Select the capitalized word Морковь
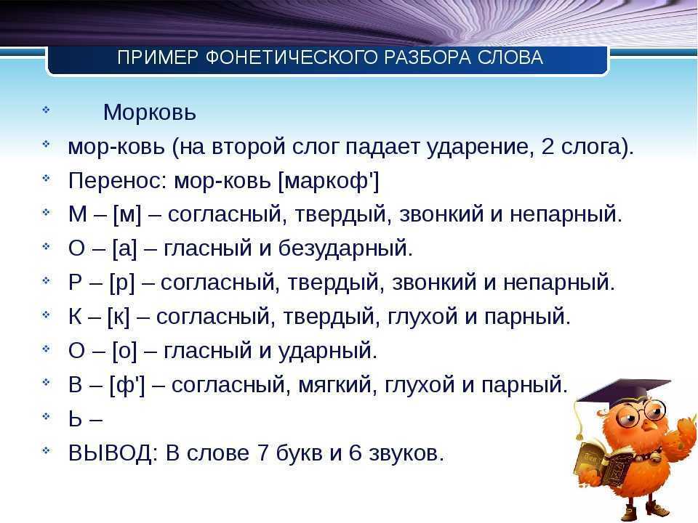[x=150, y=112]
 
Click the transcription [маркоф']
[x=329, y=181]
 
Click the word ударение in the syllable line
[x=481, y=147]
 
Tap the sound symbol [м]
[x=127, y=214]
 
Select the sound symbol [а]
[x=124, y=248]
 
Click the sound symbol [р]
[x=121, y=283]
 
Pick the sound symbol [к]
[x=119, y=317]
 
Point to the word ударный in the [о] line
[x=328, y=351]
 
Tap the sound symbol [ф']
[x=127, y=385]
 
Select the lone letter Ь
[x=75, y=419]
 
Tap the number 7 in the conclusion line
[x=263, y=453]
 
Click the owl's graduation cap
[x=623, y=394]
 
